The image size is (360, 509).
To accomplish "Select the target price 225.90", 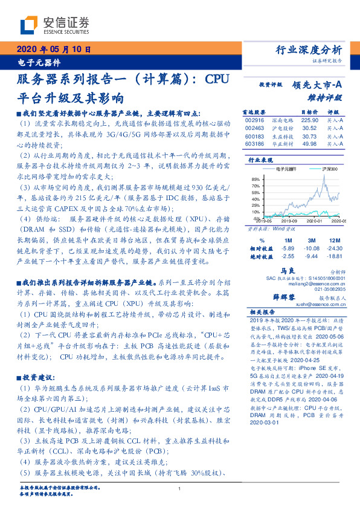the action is pos(309,120).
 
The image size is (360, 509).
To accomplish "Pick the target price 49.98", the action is pos(309,143).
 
